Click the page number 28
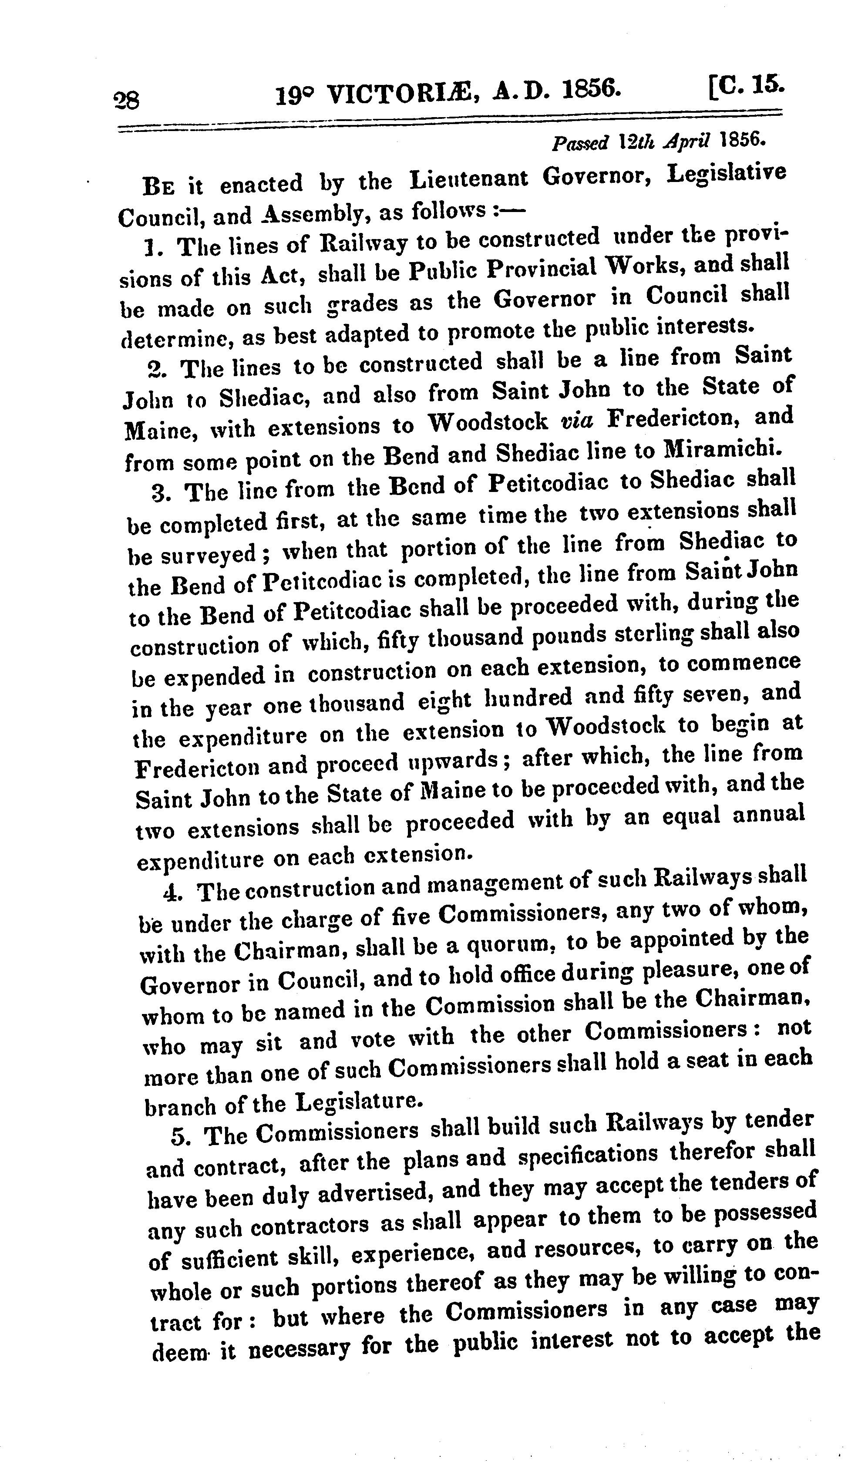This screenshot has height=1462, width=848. (x=126, y=101)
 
